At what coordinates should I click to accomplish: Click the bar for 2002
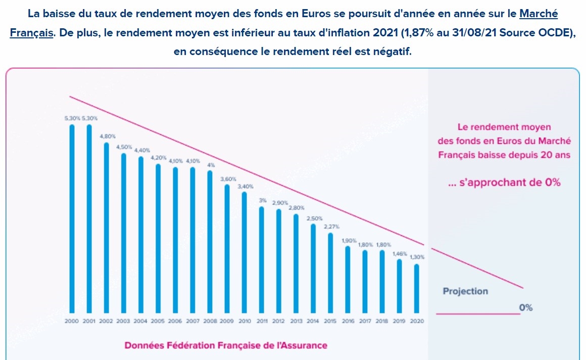point(107,227)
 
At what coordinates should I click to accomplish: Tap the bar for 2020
point(417,288)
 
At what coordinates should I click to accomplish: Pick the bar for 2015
point(330,273)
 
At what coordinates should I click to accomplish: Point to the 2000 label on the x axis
point(72,321)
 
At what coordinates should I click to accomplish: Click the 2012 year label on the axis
point(279,321)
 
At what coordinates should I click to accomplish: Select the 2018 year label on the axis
point(382,321)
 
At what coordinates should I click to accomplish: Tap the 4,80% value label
point(107,136)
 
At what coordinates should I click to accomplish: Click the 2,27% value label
point(330,227)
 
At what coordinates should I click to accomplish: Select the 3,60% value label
point(227,178)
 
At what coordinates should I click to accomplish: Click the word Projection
point(465,291)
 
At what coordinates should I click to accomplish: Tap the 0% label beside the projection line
point(525,307)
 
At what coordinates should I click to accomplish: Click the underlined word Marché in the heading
point(539,14)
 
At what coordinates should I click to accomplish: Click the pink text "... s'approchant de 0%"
point(504,183)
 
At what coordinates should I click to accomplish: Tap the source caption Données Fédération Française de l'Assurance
point(226,345)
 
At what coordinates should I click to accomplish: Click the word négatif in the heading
point(395,52)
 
